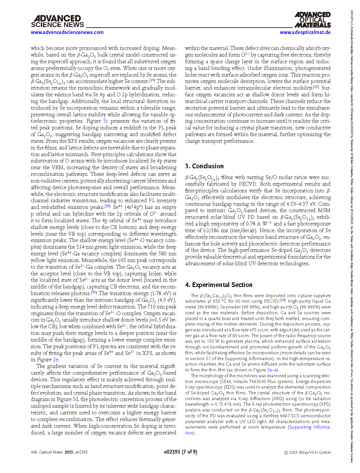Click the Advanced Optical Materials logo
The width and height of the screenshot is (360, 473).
(x=312, y=20)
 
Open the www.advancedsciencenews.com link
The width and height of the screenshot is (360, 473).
(x=67, y=32)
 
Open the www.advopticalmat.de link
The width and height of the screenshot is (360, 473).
(x=305, y=32)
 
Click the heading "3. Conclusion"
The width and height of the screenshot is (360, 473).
(x=204, y=166)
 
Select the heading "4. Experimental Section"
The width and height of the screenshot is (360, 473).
(x=219, y=285)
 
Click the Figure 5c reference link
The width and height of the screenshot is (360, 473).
(x=106, y=121)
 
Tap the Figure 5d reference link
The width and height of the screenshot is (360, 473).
(x=75, y=400)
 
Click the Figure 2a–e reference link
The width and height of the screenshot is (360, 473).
(x=272, y=370)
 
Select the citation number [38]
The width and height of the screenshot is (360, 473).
(x=107, y=206)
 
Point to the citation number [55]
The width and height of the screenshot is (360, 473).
(x=94, y=292)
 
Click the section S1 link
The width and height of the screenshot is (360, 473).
(x=208, y=359)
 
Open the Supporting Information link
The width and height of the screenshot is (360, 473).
(x=310, y=427)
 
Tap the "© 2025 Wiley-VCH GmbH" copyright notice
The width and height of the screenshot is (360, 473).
(x=307, y=452)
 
